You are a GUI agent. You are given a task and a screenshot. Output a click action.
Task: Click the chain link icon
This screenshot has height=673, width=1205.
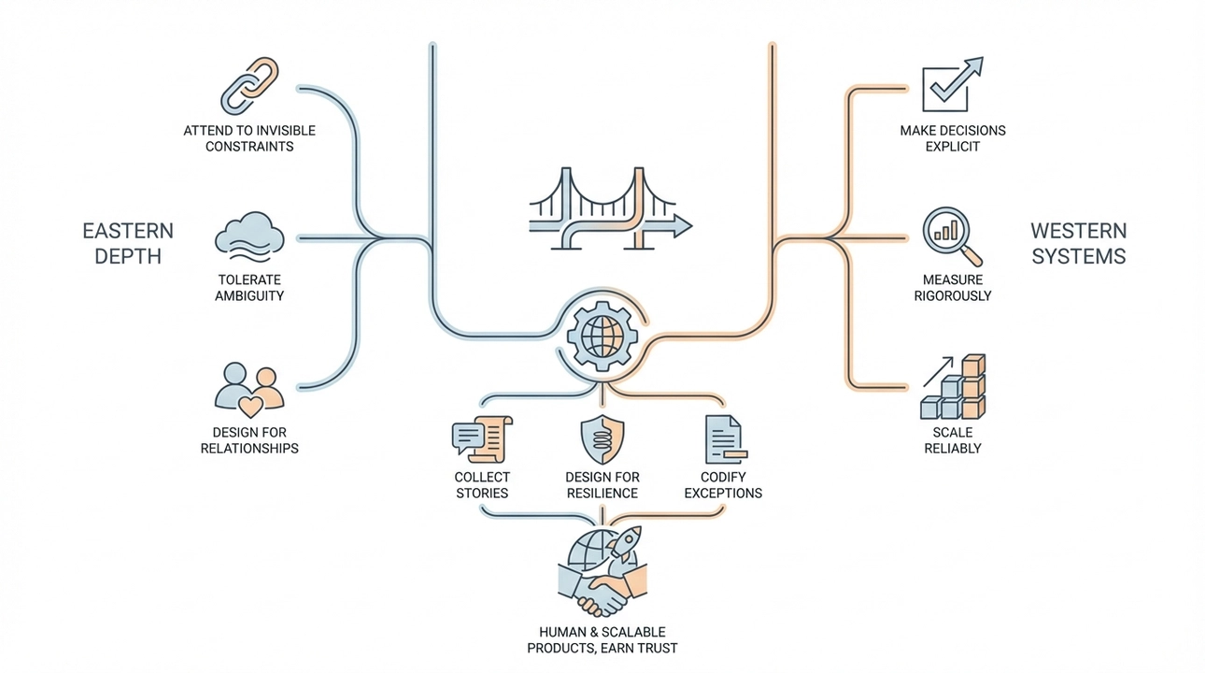(x=249, y=86)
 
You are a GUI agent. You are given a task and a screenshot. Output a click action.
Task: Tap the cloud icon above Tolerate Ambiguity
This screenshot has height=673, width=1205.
(x=248, y=235)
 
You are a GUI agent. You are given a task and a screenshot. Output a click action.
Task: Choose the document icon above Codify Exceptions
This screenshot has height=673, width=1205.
(x=723, y=439)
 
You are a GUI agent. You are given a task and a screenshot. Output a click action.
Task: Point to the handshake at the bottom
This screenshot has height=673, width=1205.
(x=602, y=589)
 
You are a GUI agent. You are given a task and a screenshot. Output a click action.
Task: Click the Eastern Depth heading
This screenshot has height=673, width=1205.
(x=128, y=243)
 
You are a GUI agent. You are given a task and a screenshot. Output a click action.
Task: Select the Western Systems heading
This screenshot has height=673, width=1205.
(x=1078, y=243)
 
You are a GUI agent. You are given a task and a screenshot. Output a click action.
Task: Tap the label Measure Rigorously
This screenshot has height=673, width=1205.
(x=952, y=287)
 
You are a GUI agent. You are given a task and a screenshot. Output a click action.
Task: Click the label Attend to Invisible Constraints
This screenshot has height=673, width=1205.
(x=249, y=138)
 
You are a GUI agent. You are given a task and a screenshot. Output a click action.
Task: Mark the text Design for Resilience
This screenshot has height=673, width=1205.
(x=602, y=484)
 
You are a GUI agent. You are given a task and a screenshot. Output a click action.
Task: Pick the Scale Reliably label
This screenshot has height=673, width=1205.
(x=952, y=439)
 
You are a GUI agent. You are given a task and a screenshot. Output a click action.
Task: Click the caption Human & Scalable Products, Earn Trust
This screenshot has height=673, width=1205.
(x=602, y=639)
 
